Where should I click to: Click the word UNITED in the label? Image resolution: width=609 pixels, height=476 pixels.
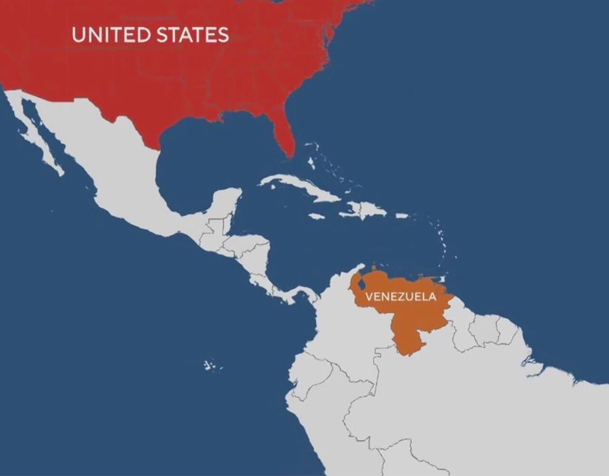(x=107, y=35)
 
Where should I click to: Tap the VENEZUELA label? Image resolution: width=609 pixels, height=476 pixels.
(x=400, y=297)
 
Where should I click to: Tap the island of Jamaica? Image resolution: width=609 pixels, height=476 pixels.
(x=316, y=216)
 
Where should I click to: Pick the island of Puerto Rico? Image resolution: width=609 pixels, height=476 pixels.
(x=402, y=216)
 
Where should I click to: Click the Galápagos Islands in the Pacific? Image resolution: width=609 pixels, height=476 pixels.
(x=209, y=366)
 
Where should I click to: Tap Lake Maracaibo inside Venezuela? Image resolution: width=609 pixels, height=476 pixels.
(x=362, y=285)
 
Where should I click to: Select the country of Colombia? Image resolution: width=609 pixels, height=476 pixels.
(x=343, y=328)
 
